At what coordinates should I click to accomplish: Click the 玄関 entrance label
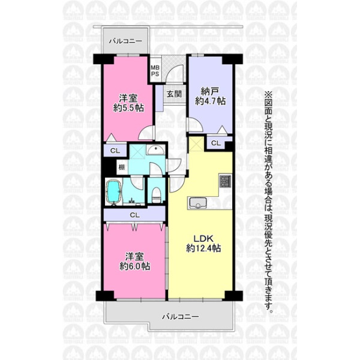[174, 94]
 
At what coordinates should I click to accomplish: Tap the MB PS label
[155, 71]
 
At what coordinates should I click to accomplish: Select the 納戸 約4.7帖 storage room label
[210, 96]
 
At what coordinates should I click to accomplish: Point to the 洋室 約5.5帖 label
[128, 103]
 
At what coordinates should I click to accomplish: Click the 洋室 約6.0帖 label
[135, 262]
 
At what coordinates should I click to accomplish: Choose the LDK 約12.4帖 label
[203, 244]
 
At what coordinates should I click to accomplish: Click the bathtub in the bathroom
[113, 191]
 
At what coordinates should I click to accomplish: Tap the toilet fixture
[156, 194]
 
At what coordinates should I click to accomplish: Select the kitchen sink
[197, 203]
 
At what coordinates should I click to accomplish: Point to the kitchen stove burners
[225, 181]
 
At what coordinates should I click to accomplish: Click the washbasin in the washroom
[155, 151]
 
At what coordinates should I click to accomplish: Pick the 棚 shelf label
[122, 167]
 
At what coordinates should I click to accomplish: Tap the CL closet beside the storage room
[215, 143]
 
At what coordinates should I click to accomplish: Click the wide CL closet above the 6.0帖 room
[134, 215]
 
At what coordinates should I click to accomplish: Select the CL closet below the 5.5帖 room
[115, 151]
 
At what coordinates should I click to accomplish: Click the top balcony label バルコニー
[125, 41]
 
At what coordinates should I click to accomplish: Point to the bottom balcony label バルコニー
[181, 317]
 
